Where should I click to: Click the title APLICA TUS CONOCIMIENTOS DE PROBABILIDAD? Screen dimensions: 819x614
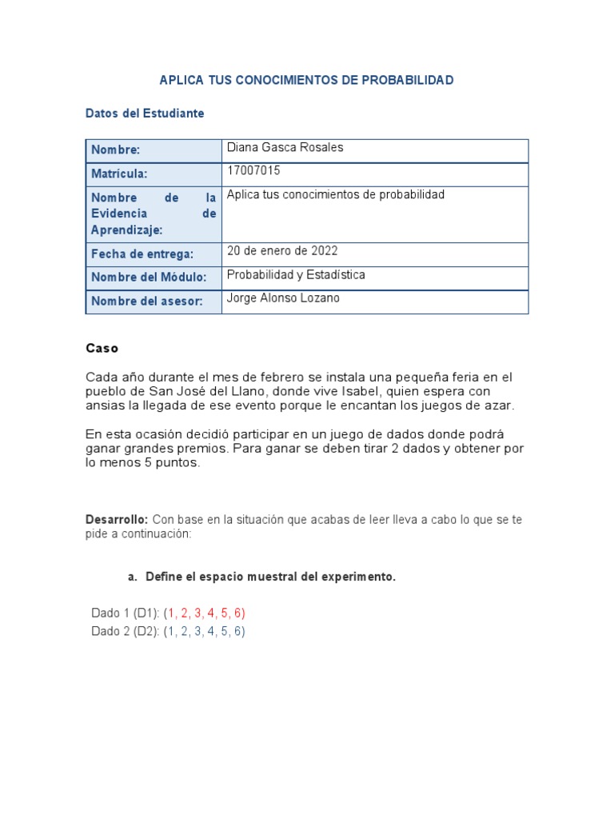(306, 80)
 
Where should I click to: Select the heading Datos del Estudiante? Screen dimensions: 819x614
(145, 114)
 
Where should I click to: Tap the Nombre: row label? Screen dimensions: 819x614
(116, 150)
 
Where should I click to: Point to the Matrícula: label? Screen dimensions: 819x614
(120, 174)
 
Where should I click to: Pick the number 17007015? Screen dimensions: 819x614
(253, 170)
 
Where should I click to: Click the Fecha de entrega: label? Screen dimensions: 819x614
(142, 254)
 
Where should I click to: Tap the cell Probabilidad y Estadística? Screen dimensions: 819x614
(296, 274)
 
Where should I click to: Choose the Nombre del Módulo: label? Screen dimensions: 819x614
(149, 278)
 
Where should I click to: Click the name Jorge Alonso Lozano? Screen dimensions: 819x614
(283, 298)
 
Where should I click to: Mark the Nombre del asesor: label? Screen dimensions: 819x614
(146, 302)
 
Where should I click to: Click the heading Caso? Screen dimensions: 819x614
(102, 349)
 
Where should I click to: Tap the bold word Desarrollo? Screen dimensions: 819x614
(117, 519)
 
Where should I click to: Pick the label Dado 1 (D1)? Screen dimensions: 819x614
(126, 613)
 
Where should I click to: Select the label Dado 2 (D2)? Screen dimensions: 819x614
(126, 631)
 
